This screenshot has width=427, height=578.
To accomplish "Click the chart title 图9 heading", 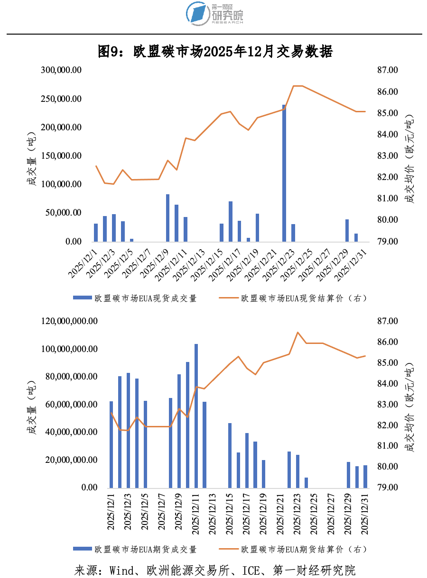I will click(215, 52).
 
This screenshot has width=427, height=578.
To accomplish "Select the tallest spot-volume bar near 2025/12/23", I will click(284, 173).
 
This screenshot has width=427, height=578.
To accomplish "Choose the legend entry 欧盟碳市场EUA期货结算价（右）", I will click(293, 550).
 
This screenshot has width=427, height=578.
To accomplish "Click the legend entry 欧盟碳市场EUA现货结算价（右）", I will click(293, 298).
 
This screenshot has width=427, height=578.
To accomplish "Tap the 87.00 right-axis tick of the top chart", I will click(388, 70).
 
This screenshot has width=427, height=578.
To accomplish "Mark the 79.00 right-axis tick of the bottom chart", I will click(388, 488).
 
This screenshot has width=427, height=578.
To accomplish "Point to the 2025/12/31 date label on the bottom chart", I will click(366, 514).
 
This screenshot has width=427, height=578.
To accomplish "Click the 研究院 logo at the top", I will click(215, 13).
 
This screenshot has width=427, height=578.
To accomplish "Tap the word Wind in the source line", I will click(121, 570).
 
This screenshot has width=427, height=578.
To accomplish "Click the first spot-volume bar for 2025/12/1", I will click(96, 233).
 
